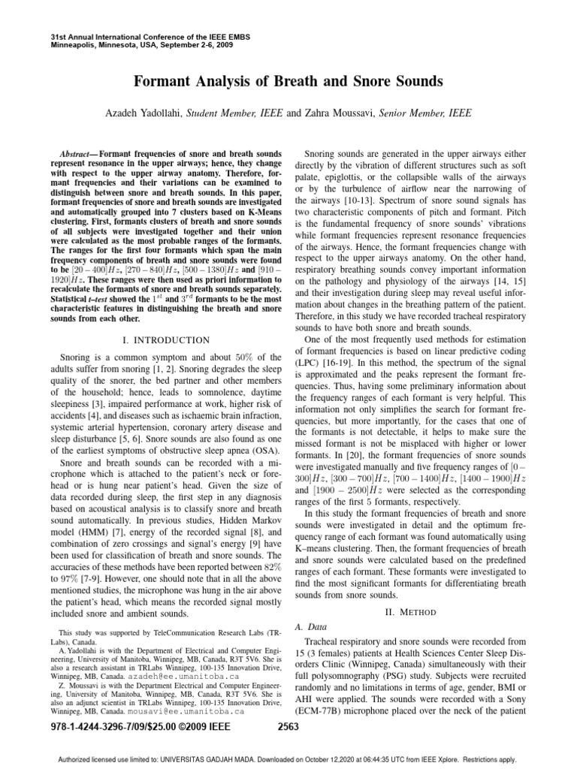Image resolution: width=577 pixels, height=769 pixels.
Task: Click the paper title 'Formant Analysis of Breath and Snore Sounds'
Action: pos(288,80)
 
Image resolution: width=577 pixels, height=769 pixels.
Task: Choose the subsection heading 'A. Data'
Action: pos(312,626)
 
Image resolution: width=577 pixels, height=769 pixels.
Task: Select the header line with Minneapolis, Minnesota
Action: pos(129,45)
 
